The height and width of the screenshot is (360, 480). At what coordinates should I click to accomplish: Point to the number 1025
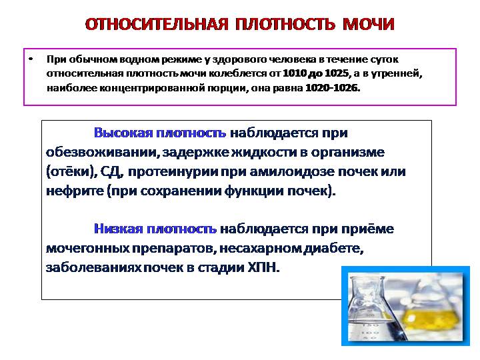pyautogui.click(x=339, y=73)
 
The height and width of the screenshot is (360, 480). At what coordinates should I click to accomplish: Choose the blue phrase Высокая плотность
pyautogui.click(x=160, y=133)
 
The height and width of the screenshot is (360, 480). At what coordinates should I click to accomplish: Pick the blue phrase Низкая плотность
pyautogui.click(x=155, y=229)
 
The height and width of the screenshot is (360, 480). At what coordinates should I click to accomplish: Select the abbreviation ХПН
pyautogui.click(x=259, y=267)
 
